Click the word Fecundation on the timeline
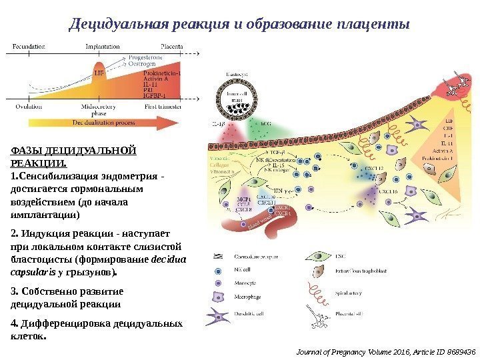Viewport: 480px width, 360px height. (28, 47)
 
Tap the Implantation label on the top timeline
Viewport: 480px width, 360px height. (103, 47)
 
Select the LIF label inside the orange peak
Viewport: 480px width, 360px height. (99, 71)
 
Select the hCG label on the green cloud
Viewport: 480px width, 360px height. (265, 123)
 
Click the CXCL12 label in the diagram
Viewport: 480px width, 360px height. (371, 169)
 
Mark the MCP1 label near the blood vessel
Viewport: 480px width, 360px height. (225, 199)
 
